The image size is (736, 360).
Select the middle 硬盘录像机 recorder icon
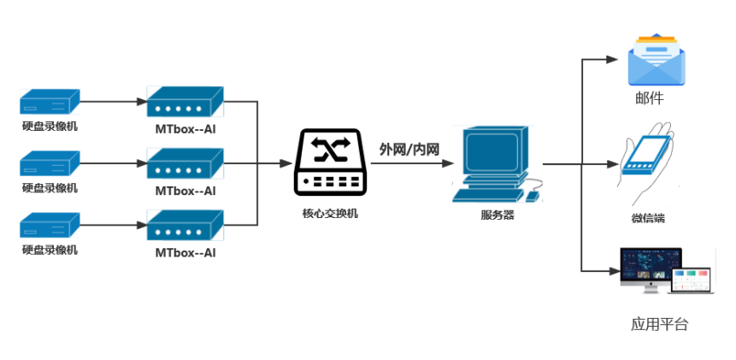click(x=50, y=162)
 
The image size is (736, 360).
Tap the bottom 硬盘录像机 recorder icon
click(x=50, y=225)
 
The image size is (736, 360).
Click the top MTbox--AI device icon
click(x=185, y=103)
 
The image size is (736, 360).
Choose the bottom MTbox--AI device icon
click(x=185, y=226)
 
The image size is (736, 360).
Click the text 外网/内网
click(x=409, y=149)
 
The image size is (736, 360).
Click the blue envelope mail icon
click(x=657, y=60)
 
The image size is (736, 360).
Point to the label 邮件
click(x=650, y=99)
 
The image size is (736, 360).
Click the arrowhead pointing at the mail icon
click(x=611, y=60)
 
